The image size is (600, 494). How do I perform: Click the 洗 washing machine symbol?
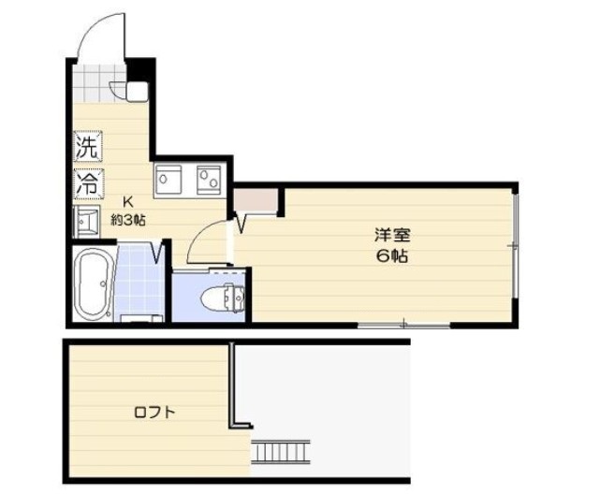[87, 147]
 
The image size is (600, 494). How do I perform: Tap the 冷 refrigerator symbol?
[87, 182]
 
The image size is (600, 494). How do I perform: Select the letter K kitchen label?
[129, 200]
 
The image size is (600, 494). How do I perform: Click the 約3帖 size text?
[127, 219]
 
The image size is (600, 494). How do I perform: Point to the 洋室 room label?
[391, 236]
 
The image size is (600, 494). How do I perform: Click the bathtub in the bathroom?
[94, 284]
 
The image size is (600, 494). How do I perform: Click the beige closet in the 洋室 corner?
[256, 201]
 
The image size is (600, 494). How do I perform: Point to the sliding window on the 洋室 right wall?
[514, 245]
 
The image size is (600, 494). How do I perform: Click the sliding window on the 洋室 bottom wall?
[402, 325]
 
